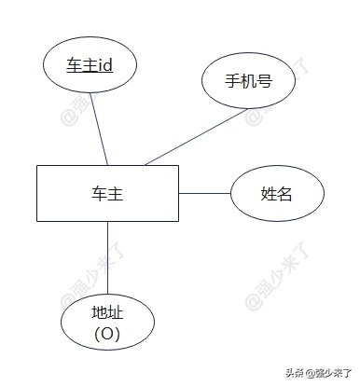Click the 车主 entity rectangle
click(x=107, y=193)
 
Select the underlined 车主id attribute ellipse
click(x=90, y=65)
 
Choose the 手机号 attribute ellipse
click(x=248, y=80)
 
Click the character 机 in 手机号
click(x=248, y=80)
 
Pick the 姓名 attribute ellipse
click(x=277, y=194)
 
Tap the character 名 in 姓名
click(x=285, y=194)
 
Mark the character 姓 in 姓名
click(x=270, y=194)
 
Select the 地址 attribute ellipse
click(x=107, y=322)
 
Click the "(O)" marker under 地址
click(x=107, y=333)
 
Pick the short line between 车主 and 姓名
click(x=204, y=193)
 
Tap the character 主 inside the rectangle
click(x=116, y=194)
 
